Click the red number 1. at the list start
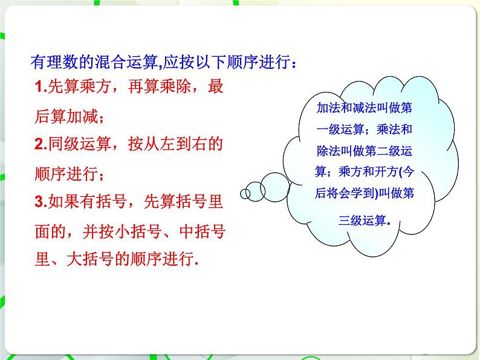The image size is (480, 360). (x=41, y=86)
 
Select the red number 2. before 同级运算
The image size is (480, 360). (x=41, y=144)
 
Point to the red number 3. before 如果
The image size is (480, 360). (x=41, y=202)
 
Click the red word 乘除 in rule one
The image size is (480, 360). (x=175, y=86)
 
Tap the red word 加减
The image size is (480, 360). (x=82, y=116)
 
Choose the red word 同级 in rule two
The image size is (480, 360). (x=64, y=144)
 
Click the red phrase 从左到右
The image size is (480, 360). (x=176, y=144)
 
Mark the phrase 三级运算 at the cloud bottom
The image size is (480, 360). (x=363, y=220)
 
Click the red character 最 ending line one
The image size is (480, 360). (x=215, y=86)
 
